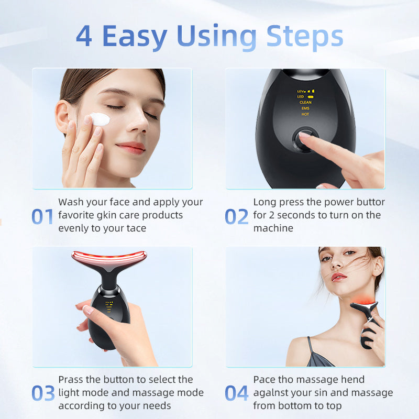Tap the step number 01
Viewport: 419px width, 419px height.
pos(43,216)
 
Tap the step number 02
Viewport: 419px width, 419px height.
pos(237,216)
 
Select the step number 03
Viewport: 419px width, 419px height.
pos(43,393)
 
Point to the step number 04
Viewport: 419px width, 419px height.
pos(237,393)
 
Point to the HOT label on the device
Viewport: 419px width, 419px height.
pos(305,114)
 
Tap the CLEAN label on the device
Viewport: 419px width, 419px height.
pos(305,102)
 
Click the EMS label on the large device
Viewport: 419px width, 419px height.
pos(305,108)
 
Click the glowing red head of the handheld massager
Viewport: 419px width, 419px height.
pos(109,257)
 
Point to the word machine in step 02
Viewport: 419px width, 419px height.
pos(273,228)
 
